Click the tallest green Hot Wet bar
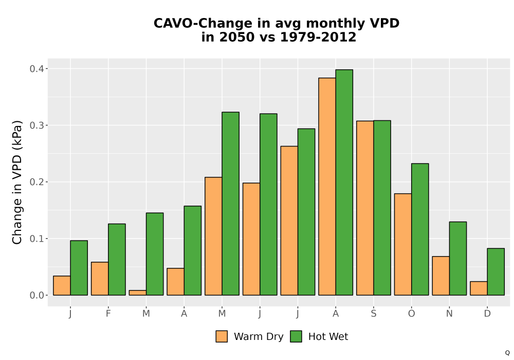344,182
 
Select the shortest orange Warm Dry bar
138,293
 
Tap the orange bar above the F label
100,279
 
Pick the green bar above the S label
382,208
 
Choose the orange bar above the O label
403,244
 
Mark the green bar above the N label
458,258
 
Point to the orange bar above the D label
479,288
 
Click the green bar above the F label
117,259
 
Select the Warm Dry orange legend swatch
222,336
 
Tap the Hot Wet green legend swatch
296,336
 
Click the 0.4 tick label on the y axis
36,69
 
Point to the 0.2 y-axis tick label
36,182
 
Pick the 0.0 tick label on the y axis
36,295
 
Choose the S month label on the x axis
374,314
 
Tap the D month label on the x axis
487,314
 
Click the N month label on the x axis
449,314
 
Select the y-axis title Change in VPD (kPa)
17,182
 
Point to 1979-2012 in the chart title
318,37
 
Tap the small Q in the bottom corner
507,353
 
